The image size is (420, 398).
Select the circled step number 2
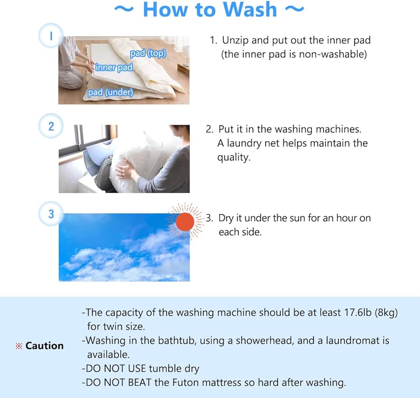click(x=51, y=126)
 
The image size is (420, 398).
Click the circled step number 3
click(x=51, y=214)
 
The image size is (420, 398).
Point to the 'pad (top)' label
click(x=148, y=54)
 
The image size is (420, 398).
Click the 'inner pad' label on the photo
click(x=114, y=68)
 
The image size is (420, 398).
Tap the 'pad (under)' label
click(x=110, y=93)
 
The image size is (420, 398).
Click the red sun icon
click(x=185, y=221)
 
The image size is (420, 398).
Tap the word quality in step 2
click(x=233, y=157)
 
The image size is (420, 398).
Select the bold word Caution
click(x=44, y=346)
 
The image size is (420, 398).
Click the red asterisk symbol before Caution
click(x=20, y=346)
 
